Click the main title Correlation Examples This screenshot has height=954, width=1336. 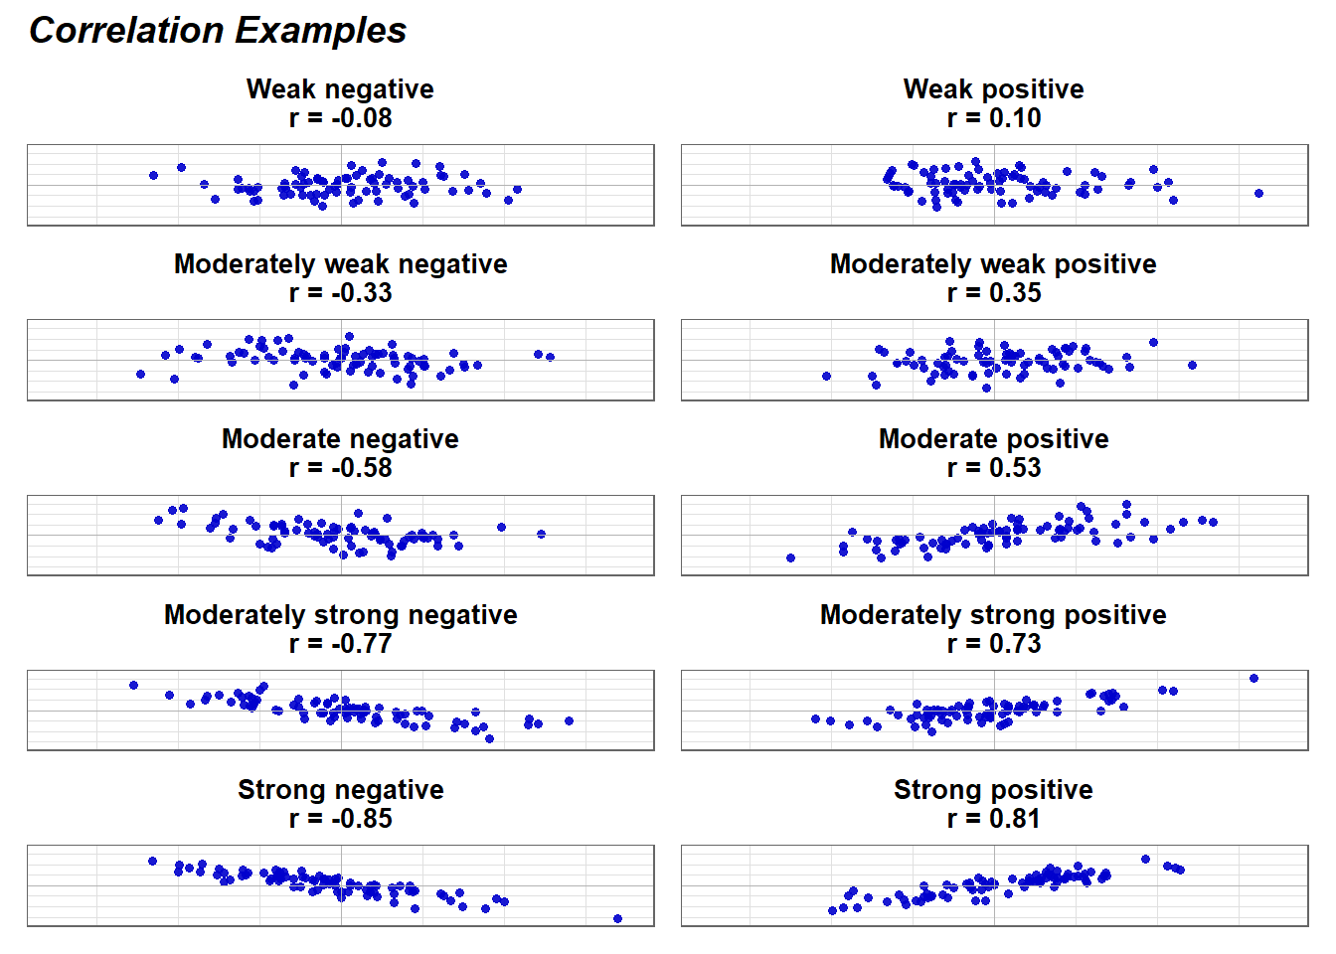click(218, 30)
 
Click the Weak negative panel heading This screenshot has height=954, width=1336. click(340, 89)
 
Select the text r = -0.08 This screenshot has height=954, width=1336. click(341, 118)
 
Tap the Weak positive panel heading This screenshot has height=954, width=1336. click(994, 89)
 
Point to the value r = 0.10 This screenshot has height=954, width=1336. click(994, 118)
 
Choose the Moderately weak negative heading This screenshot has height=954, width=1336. click(341, 264)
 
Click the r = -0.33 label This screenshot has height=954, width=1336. click(341, 293)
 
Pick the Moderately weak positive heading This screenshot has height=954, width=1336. click(994, 264)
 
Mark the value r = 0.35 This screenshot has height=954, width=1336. click(994, 293)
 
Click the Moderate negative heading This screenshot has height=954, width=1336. click(341, 439)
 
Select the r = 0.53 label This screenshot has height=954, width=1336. click(994, 467)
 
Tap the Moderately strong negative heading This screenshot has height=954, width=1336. click(341, 615)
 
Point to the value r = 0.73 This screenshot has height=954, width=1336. click(994, 643)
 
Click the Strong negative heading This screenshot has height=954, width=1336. click(341, 789)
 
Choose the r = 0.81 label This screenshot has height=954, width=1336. click(994, 818)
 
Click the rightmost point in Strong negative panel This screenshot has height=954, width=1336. click(618, 919)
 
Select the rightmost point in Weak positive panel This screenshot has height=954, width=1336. click(1259, 193)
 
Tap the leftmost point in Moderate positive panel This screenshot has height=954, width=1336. click(791, 558)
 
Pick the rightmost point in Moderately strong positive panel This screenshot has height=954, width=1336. click(1253, 679)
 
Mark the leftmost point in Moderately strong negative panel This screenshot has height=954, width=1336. click(133, 685)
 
